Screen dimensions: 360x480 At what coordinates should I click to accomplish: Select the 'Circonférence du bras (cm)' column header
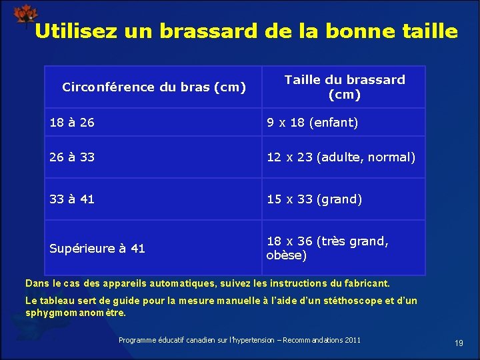(153, 87)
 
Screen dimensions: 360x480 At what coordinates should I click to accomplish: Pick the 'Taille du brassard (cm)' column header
(344, 87)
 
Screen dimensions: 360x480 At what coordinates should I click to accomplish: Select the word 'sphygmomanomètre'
(74, 312)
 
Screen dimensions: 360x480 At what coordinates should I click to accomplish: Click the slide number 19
(459, 343)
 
